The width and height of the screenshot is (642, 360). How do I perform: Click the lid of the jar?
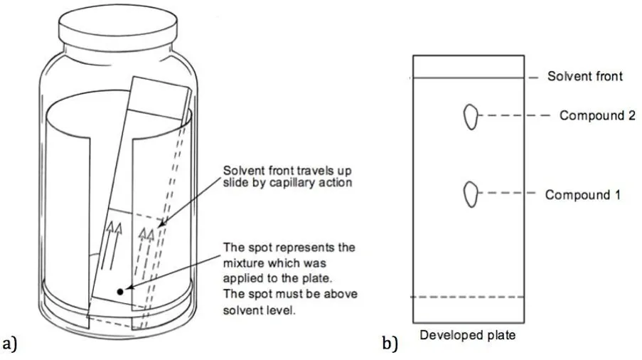118,26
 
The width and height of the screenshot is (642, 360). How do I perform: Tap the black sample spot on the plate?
120,292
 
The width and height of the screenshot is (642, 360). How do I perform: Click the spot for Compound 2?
471,117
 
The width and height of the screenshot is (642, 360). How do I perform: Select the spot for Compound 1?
471,194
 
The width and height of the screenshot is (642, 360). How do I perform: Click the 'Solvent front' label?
584,76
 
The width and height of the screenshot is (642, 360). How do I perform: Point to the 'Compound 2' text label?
597,115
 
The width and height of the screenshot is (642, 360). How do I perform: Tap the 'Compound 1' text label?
582,194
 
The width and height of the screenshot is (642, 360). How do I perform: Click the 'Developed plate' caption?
468,335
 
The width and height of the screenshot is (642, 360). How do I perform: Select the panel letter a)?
10,344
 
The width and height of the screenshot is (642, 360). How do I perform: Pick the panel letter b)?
390,344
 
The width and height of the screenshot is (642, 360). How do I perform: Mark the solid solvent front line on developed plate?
469,78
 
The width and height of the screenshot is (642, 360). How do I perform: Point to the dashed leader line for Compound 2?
514,115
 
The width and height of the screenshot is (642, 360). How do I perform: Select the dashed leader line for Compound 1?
507,193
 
